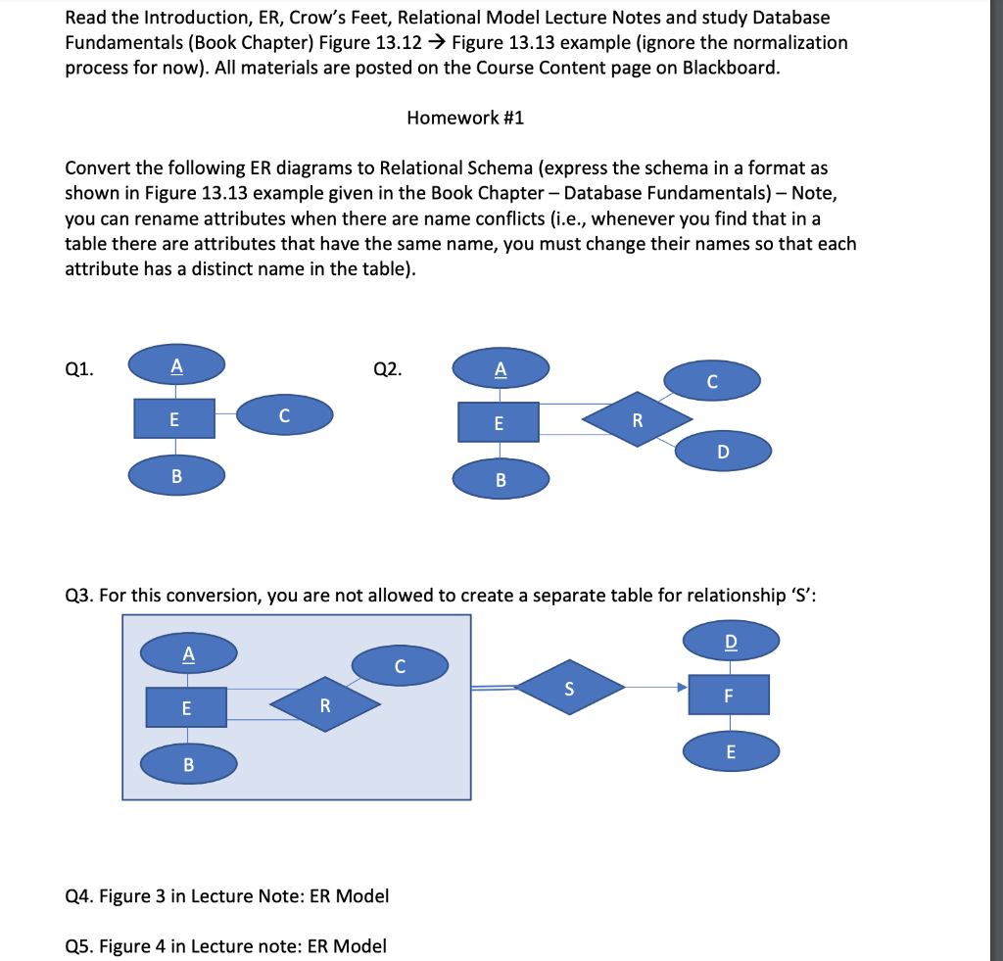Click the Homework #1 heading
(465, 118)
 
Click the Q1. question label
(80, 369)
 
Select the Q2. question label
(388, 369)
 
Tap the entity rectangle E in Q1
(174, 418)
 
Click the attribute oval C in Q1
(284, 415)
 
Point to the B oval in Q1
(176, 475)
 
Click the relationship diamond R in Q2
(637, 420)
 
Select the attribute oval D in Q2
(723, 452)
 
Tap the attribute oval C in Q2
(712, 380)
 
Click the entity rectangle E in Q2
(499, 422)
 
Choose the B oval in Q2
(501, 479)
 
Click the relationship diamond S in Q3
(570, 687)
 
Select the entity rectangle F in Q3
(728, 695)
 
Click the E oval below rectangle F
(731, 752)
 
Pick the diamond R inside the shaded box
(325, 704)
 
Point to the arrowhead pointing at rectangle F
(681, 687)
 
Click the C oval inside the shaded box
(400, 666)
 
